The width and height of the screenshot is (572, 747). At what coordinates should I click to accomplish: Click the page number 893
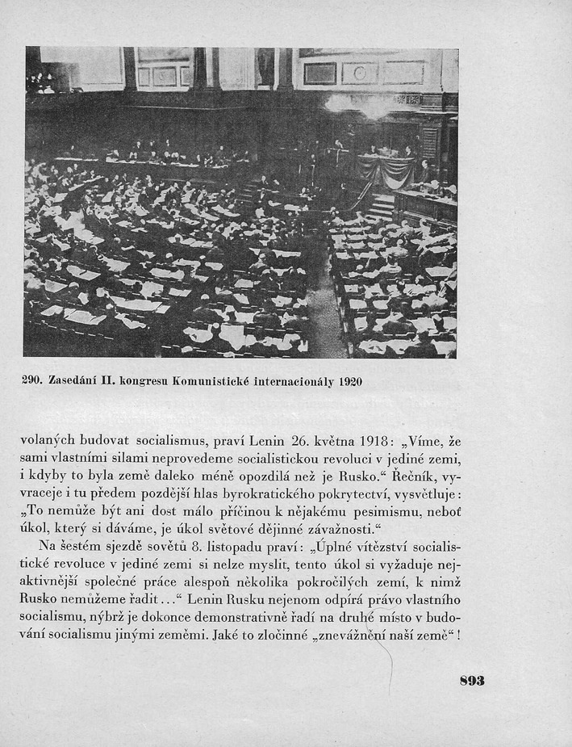(472, 680)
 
